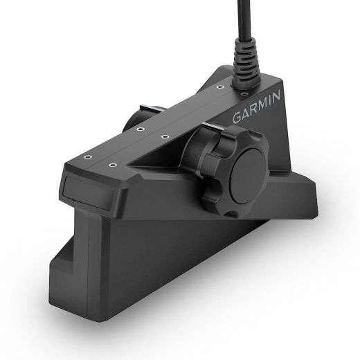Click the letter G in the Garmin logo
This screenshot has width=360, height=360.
pyautogui.click(x=237, y=118)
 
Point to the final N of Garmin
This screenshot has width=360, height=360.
pyautogui.click(x=276, y=96)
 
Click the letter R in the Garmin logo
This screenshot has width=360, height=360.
pyautogui.click(x=252, y=109)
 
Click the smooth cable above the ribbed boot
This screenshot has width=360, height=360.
pyautogui.click(x=244, y=19)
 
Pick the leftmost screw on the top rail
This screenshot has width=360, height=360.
pyautogui.click(x=87, y=157)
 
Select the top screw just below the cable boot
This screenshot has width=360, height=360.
pyautogui.click(x=244, y=94)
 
